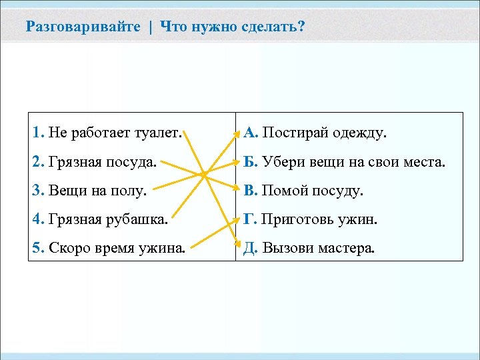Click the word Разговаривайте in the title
click(83, 27)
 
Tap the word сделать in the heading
click(269, 27)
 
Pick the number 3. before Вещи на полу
click(38, 191)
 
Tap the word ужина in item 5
click(161, 249)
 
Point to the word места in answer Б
click(421, 162)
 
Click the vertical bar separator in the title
click(151, 27)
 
